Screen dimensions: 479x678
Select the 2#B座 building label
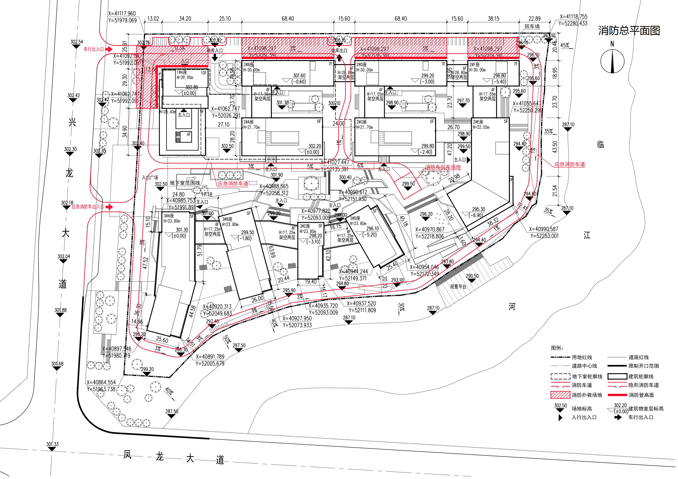point(249,65)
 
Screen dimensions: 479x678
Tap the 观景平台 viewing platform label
point(458,286)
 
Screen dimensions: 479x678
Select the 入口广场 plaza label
point(150,178)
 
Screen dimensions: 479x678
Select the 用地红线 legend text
point(582,357)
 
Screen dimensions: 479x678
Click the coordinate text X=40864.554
point(101,382)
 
